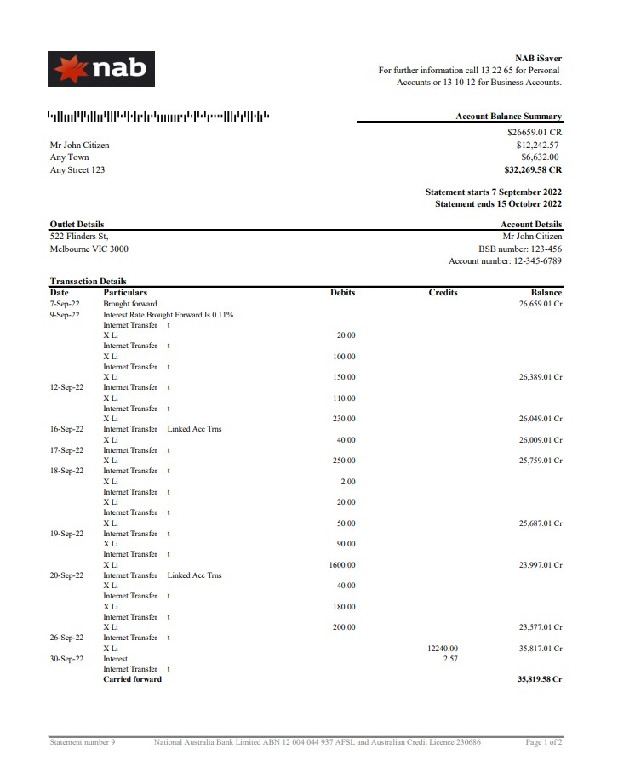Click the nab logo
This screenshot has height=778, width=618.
(x=101, y=68)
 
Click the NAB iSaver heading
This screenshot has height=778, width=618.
(x=538, y=59)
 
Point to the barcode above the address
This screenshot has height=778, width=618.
(x=159, y=116)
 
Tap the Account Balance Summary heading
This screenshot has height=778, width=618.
(x=508, y=117)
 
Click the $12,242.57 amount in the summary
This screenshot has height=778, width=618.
(x=535, y=145)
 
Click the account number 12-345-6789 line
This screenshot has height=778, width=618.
(x=505, y=261)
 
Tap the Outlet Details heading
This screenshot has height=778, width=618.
(x=77, y=225)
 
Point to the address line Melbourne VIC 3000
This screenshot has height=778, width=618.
(x=89, y=249)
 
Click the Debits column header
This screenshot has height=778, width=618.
(x=342, y=293)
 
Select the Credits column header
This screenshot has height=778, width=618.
(x=443, y=293)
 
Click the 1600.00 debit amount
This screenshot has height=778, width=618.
(x=342, y=565)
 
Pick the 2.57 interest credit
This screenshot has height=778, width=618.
(x=450, y=659)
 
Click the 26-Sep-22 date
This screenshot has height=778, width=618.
(x=66, y=638)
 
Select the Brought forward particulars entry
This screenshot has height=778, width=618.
(x=130, y=304)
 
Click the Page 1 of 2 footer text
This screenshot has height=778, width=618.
(x=544, y=742)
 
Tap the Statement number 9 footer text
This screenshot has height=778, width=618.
(x=83, y=742)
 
